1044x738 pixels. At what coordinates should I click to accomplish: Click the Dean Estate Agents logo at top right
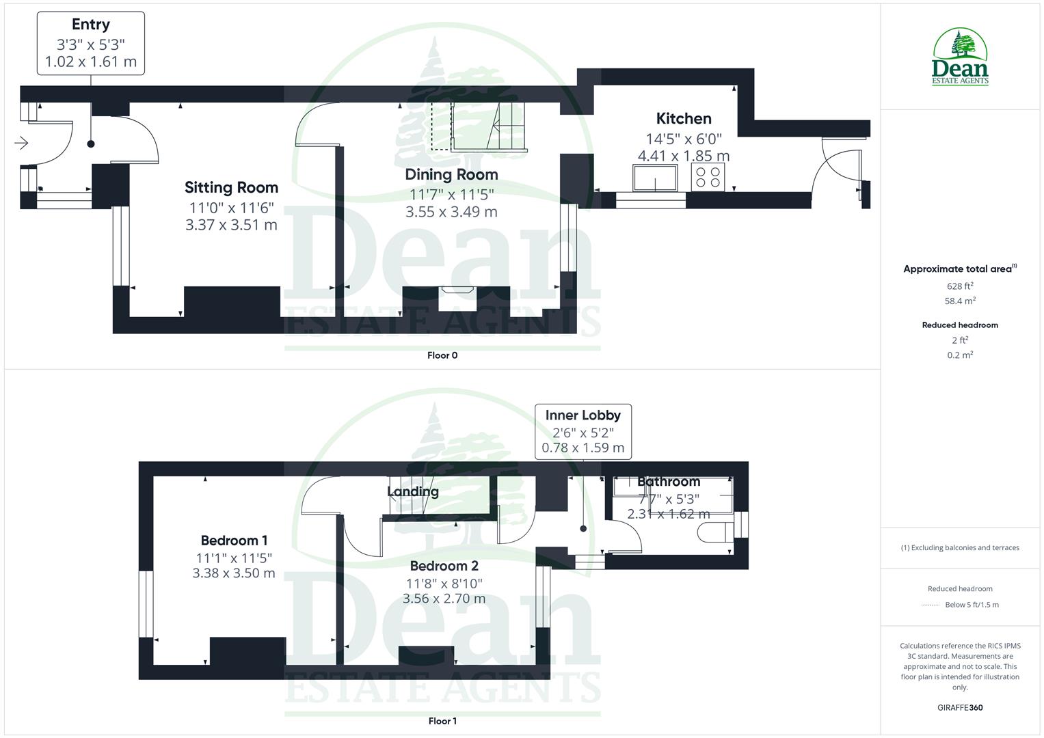click(960, 57)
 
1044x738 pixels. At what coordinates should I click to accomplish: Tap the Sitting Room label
click(231, 188)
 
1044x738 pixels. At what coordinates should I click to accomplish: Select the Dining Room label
click(451, 174)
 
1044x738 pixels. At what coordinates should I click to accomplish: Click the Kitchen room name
click(684, 119)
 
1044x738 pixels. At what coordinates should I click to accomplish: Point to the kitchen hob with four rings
click(708, 178)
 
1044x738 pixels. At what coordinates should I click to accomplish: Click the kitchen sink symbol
click(655, 178)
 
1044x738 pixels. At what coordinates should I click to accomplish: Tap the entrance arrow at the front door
click(21, 143)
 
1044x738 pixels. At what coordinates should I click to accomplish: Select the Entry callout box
click(91, 43)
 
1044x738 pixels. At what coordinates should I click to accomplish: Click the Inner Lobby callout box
click(583, 431)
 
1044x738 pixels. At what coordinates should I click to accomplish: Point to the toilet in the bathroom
click(714, 532)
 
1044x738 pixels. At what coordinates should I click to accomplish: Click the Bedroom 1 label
click(234, 541)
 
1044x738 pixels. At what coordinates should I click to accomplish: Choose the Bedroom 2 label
click(444, 566)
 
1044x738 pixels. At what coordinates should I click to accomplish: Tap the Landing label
click(413, 491)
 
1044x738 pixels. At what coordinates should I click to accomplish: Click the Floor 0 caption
click(442, 355)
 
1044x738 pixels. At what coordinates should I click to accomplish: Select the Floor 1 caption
click(442, 721)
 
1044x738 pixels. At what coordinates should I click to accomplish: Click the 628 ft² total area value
click(960, 286)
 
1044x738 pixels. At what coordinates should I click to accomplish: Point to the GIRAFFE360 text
click(960, 707)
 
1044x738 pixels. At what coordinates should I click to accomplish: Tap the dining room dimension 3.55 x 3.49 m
click(451, 212)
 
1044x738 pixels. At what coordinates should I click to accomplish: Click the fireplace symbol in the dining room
click(457, 290)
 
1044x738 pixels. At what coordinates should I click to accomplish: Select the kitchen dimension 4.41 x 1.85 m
click(684, 156)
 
